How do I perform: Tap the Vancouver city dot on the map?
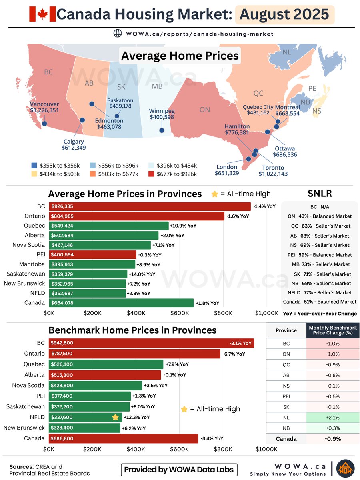44,124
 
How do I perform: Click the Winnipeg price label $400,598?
162,117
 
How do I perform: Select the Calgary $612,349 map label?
74,144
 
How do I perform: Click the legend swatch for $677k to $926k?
152,174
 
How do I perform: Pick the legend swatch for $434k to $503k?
34,174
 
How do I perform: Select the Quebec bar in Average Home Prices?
109,226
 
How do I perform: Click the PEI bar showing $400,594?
93,255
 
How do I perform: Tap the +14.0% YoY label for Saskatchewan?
142,274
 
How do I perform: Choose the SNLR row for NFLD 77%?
320,292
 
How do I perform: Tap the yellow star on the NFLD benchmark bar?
116,417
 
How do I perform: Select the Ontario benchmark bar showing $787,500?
135,354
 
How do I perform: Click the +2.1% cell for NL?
332,418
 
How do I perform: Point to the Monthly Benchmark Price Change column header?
332,330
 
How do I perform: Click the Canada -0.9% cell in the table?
332,438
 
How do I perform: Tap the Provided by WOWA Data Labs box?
179,470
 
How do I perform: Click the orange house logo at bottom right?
345,469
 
